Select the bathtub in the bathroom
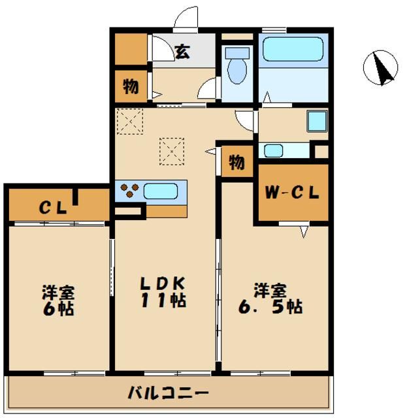point(292,50)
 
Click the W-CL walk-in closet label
point(292,193)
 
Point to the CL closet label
point(53,208)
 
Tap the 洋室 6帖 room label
point(58,299)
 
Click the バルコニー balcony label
point(168,393)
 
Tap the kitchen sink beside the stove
point(161,191)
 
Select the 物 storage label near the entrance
point(131,86)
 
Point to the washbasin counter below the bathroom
point(286,151)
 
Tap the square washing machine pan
point(317,121)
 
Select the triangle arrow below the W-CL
point(304,231)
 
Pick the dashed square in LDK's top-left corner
point(129,121)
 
